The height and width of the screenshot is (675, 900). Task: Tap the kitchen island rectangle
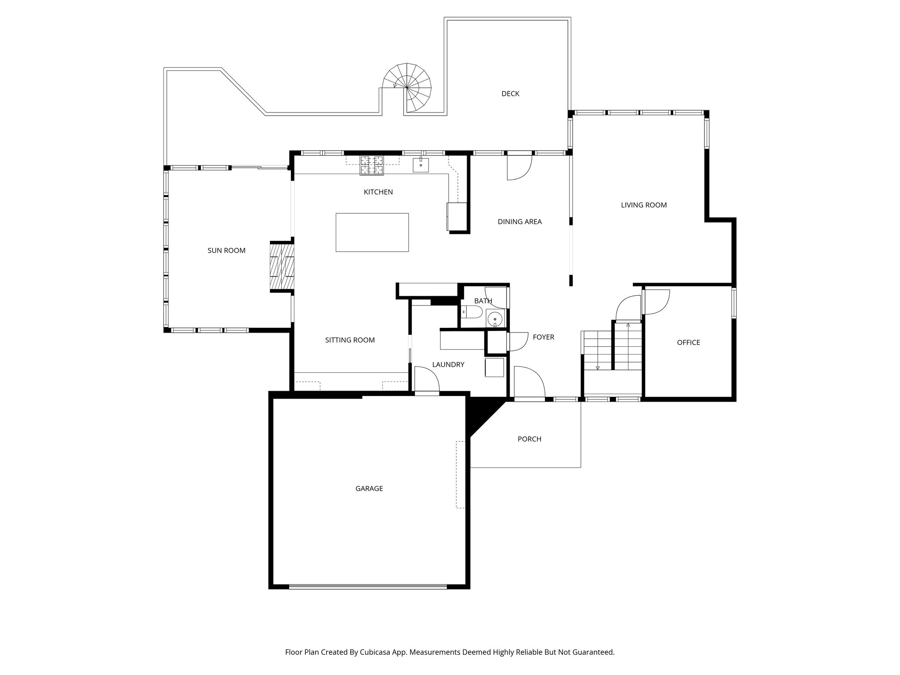(x=372, y=232)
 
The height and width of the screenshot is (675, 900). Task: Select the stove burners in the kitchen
(x=372, y=166)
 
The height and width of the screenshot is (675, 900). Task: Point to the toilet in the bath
(x=472, y=312)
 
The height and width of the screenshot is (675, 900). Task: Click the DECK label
(x=510, y=94)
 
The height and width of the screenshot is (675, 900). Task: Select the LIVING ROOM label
(x=643, y=205)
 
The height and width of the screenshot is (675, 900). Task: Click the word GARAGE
(x=369, y=488)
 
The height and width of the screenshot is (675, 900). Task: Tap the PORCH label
(x=529, y=439)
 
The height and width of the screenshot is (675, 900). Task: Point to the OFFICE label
(x=688, y=342)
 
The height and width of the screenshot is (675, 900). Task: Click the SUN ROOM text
(x=226, y=250)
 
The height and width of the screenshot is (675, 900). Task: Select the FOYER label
(x=543, y=337)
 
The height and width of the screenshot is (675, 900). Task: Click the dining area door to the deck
(x=519, y=167)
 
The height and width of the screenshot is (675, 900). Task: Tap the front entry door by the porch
(x=529, y=382)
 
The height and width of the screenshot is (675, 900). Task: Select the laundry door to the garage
(x=426, y=381)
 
